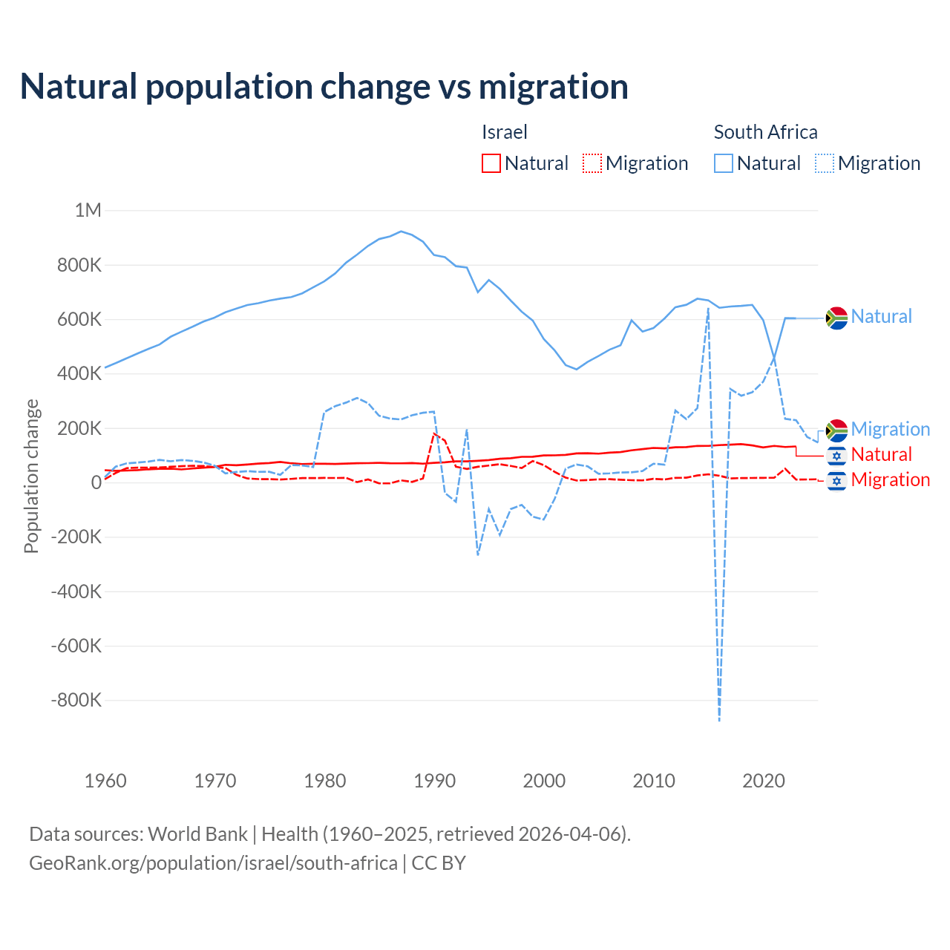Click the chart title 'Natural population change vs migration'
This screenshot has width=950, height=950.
[324, 87]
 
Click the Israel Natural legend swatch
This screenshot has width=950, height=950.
[491, 163]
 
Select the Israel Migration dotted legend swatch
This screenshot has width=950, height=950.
[592, 163]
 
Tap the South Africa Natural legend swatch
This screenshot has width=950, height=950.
[724, 163]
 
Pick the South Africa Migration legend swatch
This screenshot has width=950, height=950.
[825, 163]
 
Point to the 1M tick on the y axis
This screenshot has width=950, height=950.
[88, 210]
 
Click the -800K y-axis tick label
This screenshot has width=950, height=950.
[76, 700]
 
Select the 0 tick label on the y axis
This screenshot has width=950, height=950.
[96, 482]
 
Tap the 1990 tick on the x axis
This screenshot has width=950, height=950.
[434, 781]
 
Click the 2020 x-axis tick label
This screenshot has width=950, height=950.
[764, 781]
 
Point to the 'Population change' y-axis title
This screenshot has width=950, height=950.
[31, 476]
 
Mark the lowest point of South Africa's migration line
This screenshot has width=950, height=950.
[719, 720]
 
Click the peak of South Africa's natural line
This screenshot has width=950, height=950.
[402, 232]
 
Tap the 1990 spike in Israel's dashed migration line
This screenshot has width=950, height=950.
[434, 433]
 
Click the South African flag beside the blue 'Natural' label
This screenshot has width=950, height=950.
[836, 318]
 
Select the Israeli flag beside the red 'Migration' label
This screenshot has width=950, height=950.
[836, 481]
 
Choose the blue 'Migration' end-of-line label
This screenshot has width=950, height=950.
[890, 429]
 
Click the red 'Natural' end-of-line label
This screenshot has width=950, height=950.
[881, 454]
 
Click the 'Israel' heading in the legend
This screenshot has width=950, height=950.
[505, 132]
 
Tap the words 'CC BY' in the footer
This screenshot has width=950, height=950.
[439, 863]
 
